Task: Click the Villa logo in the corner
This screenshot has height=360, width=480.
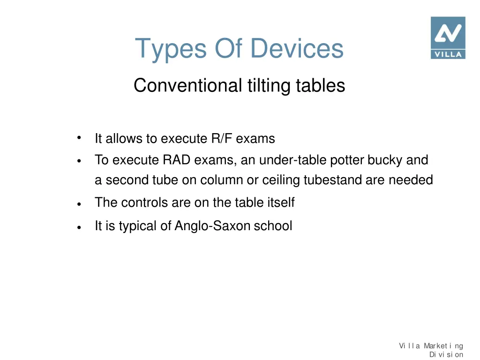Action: (x=448, y=37)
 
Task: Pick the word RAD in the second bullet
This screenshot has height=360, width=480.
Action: (x=177, y=160)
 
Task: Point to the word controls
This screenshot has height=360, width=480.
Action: (x=139, y=202)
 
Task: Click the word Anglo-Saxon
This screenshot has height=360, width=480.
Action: (x=213, y=226)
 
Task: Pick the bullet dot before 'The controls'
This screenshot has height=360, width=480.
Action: (x=80, y=204)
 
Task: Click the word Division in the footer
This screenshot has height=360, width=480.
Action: (x=446, y=354)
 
